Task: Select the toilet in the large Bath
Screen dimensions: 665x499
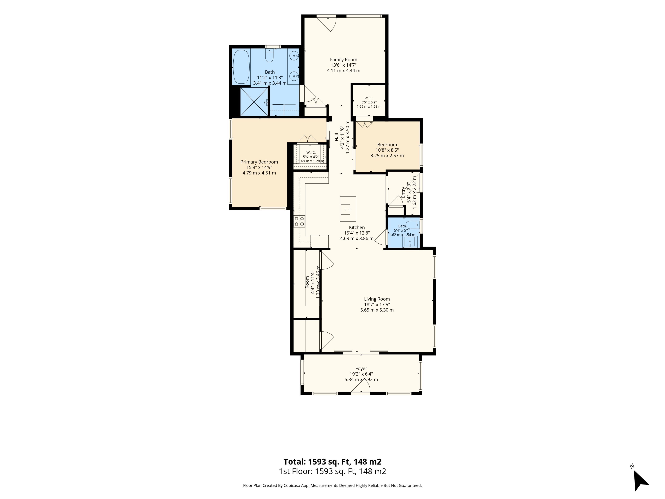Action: point(269,56)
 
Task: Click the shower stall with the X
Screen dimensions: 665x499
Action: point(254,102)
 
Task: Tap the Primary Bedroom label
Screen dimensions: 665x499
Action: point(259,162)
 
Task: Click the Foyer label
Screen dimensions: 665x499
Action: point(361,369)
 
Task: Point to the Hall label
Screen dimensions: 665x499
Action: point(336,137)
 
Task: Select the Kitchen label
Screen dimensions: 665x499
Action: point(357,227)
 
